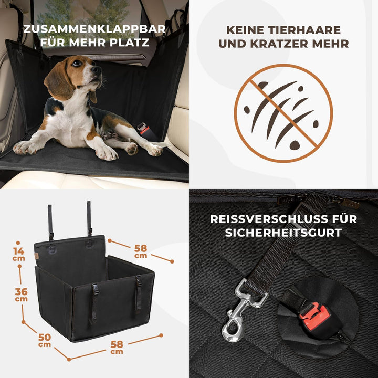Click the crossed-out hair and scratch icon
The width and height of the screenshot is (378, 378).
283,113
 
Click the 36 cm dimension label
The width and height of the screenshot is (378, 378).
21,295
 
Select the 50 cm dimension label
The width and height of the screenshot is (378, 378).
44,340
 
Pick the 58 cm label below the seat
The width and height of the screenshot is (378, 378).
117,346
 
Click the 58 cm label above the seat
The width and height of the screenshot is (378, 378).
141,250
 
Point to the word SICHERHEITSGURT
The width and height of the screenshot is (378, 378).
283,233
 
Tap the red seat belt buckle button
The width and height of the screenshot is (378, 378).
317,316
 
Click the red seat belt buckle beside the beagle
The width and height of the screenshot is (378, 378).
143,129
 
